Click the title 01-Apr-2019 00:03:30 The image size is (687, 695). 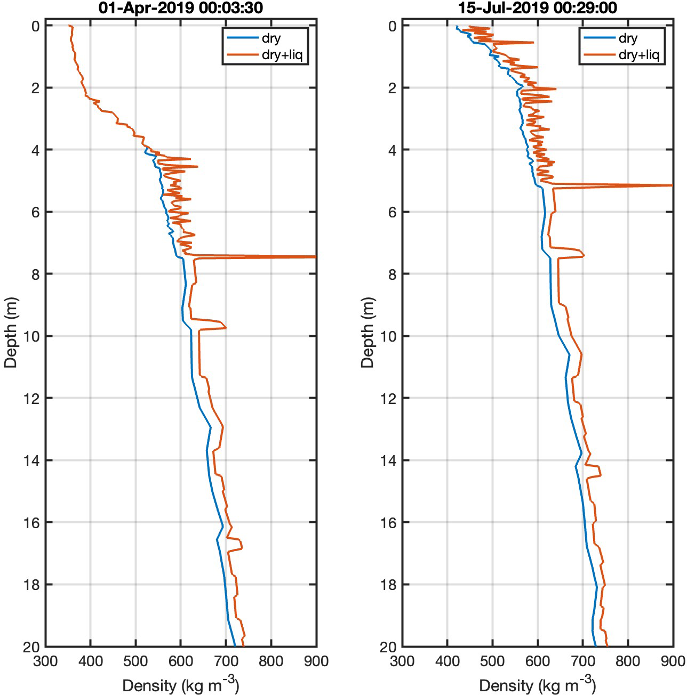(x=180, y=8)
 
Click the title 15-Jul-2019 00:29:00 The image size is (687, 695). (x=538, y=8)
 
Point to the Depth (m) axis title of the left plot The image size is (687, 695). (x=11, y=332)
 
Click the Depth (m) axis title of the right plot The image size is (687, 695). (x=368, y=332)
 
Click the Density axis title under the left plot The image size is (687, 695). (x=180, y=683)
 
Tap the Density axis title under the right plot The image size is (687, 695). (x=538, y=683)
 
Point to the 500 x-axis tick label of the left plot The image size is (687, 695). (x=135, y=661)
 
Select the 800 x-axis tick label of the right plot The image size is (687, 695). (x=628, y=661)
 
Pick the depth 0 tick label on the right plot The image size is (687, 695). (x=390, y=26)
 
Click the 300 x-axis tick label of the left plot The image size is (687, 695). (x=45, y=661)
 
